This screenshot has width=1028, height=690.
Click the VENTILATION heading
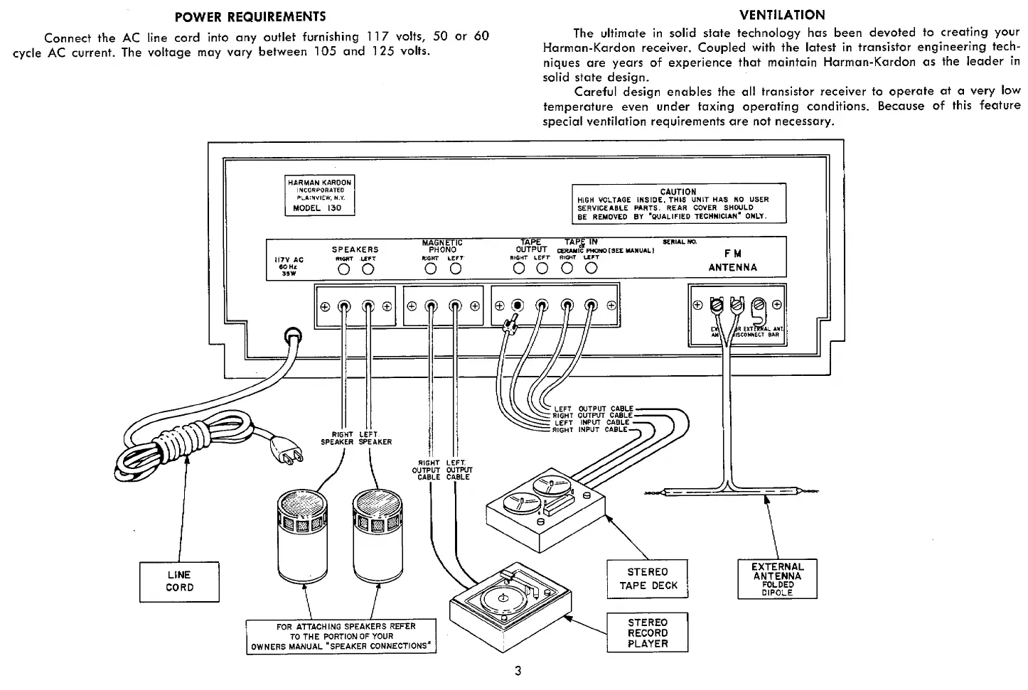click(782, 15)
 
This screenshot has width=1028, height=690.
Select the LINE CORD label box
click(180, 581)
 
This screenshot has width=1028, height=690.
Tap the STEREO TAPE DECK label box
click(648, 578)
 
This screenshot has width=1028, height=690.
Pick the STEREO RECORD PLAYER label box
click(648, 632)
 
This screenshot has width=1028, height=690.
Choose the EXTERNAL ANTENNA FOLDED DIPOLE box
click(777, 578)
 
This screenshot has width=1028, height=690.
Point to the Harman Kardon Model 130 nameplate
click(319, 195)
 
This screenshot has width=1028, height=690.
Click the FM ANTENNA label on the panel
click(732, 261)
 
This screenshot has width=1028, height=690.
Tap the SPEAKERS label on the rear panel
click(355, 249)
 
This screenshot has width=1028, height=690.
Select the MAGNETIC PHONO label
click(442, 246)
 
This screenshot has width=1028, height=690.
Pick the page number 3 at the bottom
click(518, 672)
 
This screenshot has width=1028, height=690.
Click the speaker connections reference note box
click(341, 636)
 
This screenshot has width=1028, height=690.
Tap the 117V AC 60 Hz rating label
click(289, 265)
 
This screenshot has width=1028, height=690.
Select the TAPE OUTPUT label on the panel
click(531, 246)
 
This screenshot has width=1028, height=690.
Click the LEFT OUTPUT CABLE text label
click(593, 409)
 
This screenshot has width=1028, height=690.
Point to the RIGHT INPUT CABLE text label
click(590, 429)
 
